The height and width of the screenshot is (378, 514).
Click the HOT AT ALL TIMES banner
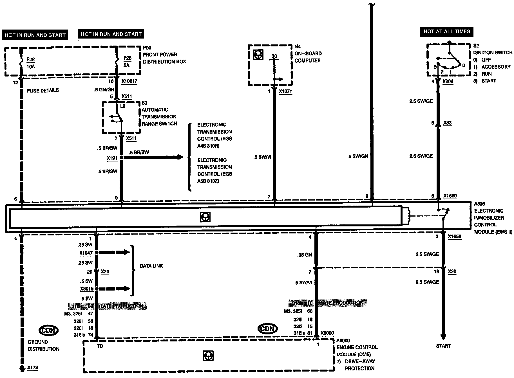point(447,31)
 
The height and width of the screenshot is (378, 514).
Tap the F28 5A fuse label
point(128,62)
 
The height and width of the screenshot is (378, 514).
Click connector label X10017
point(129,81)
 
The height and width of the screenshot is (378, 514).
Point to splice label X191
point(112,158)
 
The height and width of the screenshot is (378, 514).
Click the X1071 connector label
point(285,91)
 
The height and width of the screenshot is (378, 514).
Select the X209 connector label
point(448,82)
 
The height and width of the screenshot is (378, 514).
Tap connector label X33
point(447,123)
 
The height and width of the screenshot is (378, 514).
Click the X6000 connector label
point(327,333)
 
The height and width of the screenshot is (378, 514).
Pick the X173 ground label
point(33,368)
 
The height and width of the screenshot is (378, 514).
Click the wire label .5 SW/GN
point(357,156)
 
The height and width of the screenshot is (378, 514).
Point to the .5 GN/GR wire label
point(104,90)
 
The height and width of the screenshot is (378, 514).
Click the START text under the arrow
point(443,346)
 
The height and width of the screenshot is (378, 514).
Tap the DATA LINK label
point(151,266)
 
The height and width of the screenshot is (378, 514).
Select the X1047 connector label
point(86,253)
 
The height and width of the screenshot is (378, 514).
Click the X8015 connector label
point(86,289)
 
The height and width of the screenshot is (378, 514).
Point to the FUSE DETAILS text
point(43,90)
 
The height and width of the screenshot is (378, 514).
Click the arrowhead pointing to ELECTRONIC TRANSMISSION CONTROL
point(180,157)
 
